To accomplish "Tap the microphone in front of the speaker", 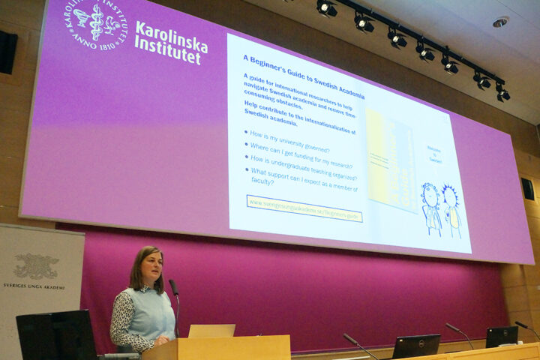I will click(x=174, y=288).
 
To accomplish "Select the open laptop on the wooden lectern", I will click(x=211, y=330).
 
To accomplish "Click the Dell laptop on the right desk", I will click(x=415, y=346).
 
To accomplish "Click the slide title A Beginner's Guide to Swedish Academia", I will click(x=303, y=74).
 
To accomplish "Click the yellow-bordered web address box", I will click(x=304, y=208).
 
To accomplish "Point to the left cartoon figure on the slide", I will click(x=431, y=208).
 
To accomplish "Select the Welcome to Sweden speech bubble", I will click(x=434, y=154).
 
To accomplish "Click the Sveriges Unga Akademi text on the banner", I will click(x=34, y=286).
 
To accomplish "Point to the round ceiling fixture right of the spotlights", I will click(x=499, y=22).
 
